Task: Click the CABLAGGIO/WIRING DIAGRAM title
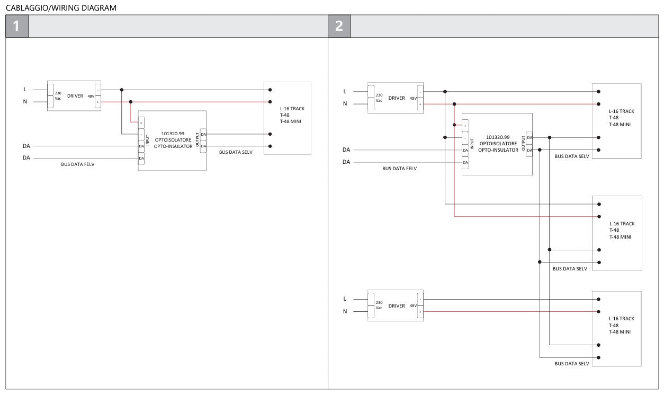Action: (61, 8)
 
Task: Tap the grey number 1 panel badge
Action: (17, 26)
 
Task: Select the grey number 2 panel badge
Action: (339, 26)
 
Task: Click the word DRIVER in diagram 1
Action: (75, 96)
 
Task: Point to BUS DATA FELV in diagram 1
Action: (78, 164)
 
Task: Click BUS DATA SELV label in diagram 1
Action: (236, 152)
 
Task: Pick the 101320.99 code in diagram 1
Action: (173, 134)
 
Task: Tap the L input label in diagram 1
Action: (25, 90)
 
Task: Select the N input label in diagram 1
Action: (25, 101)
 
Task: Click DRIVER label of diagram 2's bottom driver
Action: (397, 306)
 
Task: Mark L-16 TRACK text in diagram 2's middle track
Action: (622, 224)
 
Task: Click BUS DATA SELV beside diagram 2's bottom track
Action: (572, 364)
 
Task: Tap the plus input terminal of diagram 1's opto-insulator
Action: (141, 122)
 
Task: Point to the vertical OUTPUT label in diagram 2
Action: (523, 143)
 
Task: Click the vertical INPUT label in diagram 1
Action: (147, 140)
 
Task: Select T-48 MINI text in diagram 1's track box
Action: (291, 121)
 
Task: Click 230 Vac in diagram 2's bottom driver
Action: (379, 305)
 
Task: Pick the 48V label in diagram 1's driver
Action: (91, 96)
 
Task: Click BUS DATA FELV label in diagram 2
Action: (399, 168)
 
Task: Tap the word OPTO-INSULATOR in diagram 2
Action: (498, 150)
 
